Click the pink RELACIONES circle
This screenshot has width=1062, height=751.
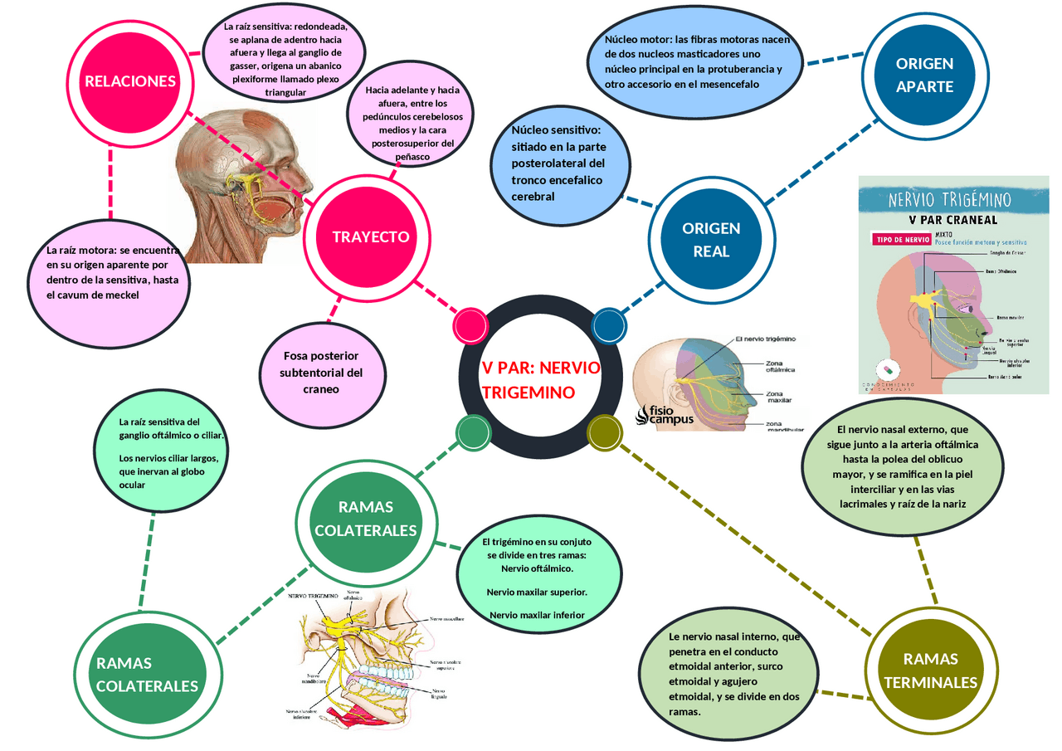click(129, 81)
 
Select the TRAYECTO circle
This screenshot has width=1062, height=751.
click(370, 237)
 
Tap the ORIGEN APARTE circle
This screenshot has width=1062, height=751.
click(924, 75)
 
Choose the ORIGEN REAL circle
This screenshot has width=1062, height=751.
click(711, 239)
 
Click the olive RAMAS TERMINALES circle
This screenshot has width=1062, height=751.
click(930, 671)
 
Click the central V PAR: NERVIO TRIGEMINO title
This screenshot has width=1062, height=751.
click(540, 380)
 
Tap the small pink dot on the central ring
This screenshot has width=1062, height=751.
click(470, 325)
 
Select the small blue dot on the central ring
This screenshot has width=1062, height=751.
click(608, 325)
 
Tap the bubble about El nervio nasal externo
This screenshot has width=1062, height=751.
click(902, 466)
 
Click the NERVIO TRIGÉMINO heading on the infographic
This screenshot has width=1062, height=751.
click(949, 200)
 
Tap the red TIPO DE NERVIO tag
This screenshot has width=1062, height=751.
click(902, 239)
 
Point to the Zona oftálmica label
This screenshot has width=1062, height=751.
click(780, 365)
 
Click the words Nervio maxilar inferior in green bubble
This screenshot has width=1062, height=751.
click(538, 615)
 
